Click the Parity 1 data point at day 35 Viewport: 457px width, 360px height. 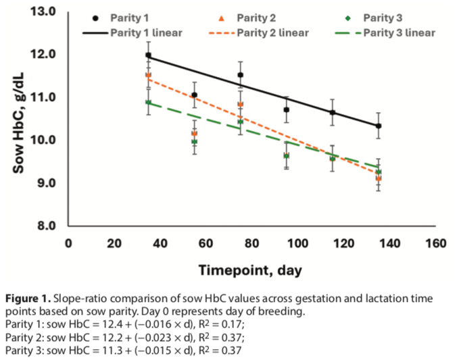click(148, 55)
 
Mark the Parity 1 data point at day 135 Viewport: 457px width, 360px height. click(379, 126)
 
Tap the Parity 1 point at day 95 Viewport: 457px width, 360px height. click(287, 109)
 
